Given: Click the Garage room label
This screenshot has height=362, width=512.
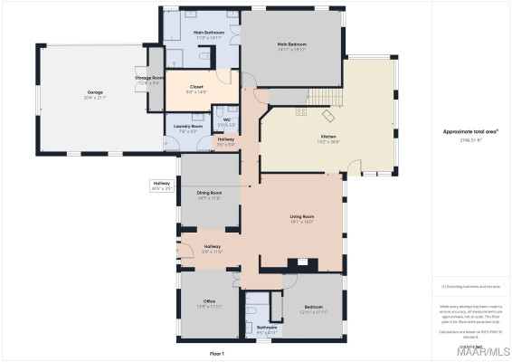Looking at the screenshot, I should (x=95, y=91).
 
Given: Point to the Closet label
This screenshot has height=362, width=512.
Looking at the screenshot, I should (x=196, y=88).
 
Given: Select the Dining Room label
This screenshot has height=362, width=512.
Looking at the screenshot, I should (x=210, y=193).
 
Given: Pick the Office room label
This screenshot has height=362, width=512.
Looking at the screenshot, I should (x=209, y=301).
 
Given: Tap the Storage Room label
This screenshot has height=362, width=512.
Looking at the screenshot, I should (x=149, y=79).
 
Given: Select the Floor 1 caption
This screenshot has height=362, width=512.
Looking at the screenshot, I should (x=217, y=353).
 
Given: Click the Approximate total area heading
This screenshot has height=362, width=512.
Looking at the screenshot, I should (x=470, y=131).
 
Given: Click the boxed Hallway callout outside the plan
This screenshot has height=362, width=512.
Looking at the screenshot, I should (x=161, y=185).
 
